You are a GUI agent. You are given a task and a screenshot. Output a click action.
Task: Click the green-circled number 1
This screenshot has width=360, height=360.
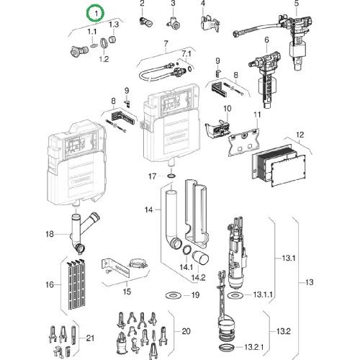(x=96, y=14)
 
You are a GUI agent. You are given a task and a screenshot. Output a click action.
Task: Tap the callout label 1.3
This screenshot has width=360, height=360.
(x=114, y=24)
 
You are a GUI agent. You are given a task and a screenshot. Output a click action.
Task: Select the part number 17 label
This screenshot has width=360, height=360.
(x=153, y=176)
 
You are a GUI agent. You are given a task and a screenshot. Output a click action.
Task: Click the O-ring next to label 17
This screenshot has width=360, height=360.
(x=171, y=176)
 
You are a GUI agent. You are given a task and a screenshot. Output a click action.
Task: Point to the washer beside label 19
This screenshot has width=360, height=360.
(x=172, y=294)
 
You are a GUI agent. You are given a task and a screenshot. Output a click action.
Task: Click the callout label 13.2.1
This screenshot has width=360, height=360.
(x=254, y=347)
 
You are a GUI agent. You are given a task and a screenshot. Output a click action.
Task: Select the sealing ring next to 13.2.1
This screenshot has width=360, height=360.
(x=227, y=347)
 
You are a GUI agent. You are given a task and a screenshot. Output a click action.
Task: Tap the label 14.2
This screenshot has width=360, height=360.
(x=198, y=278)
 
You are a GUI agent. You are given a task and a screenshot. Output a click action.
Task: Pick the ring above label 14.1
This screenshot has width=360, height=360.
(x=187, y=251)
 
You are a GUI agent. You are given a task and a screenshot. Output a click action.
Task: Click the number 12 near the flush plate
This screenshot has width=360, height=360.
(x=300, y=135)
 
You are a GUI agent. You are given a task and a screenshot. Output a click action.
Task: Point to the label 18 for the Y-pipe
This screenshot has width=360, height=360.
(x=50, y=234)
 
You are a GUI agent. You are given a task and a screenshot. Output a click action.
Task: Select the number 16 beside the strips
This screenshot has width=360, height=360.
(x=50, y=284)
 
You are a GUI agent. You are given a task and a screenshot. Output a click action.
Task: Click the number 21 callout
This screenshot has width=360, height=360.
(x=90, y=338)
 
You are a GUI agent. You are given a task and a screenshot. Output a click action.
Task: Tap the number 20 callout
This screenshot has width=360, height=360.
(x=186, y=331)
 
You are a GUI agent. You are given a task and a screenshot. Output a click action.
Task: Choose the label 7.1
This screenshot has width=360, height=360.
(x=186, y=54)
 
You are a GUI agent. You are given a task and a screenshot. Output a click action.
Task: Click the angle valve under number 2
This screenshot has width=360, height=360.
(x=145, y=22)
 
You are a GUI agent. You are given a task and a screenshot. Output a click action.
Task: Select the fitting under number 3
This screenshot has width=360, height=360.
(x=174, y=23)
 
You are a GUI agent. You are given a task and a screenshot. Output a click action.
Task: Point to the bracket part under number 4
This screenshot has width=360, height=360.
(x=210, y=23)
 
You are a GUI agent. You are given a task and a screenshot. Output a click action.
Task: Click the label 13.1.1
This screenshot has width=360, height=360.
(x=263, y=294)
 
